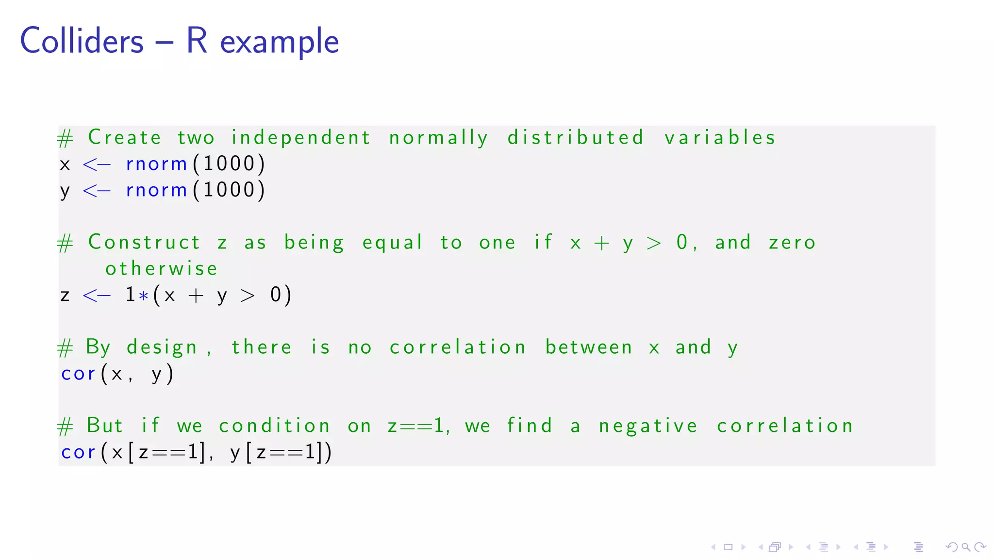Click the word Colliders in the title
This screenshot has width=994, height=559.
82,41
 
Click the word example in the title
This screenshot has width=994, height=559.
279,42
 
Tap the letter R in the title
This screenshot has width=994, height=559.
197,41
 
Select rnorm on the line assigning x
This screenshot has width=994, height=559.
156,164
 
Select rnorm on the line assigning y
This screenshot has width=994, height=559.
156,190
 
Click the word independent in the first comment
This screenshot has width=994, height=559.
301,138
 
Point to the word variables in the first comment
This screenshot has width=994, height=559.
720,138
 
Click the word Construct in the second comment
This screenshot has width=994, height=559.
144,242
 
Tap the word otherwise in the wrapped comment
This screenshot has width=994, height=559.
162,268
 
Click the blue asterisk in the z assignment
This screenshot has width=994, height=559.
143,296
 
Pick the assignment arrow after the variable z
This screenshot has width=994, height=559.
97,295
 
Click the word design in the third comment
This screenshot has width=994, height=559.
162,347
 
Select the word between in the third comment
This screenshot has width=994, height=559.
589,347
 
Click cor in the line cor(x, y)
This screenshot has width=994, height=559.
78,374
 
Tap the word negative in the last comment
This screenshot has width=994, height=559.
648,426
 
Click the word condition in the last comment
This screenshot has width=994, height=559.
274,426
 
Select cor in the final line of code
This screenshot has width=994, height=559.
78,452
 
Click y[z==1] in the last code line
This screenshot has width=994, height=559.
275,452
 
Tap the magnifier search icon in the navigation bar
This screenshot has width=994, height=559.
966,547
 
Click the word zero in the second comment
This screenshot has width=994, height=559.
792,242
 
